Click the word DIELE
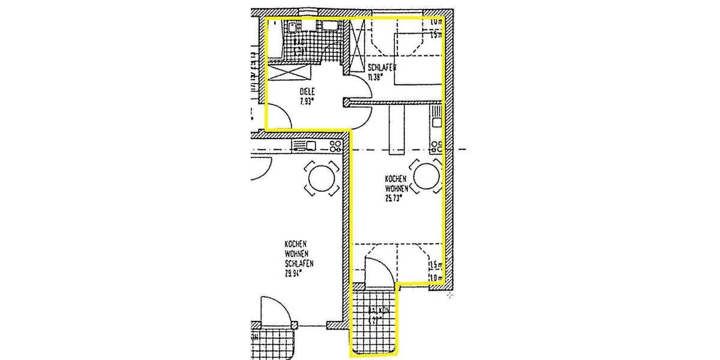(307, 92)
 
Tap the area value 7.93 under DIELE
(307, 101)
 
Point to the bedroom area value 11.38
(376, 76)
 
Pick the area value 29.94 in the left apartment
(293, 272)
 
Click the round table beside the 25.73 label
(427, 177)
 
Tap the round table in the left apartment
(322, 178)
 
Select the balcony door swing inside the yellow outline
(379, 271)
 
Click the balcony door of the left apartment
(275, 313)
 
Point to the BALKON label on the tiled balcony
(374, 311)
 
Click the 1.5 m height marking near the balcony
(435, 265)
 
